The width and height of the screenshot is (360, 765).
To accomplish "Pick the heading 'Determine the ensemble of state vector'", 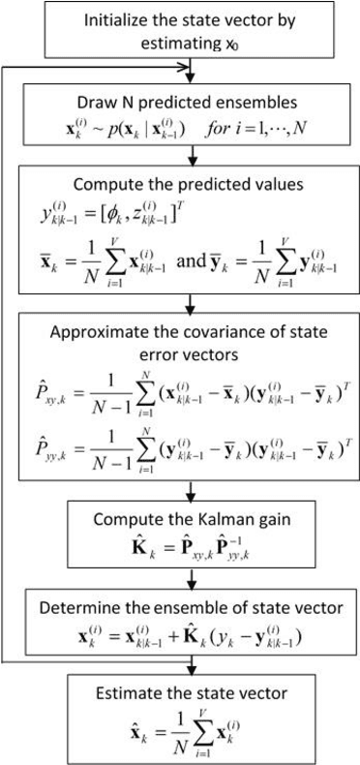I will [183, 606].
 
